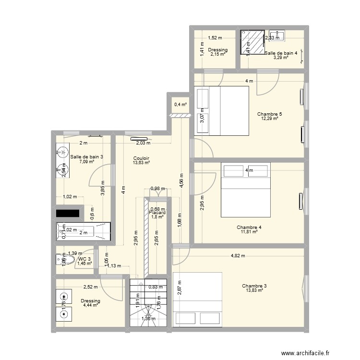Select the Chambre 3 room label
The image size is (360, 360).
click(254, 286)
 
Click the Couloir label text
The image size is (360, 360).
click(141, 158)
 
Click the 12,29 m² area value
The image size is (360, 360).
click(269, 119)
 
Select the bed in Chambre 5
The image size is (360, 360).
click(221, 111)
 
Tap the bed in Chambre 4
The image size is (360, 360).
click(245, 190)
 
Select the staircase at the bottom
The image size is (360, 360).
click(148, 302)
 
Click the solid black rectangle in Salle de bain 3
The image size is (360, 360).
click(68, 213)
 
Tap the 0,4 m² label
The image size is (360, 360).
click(180, 104)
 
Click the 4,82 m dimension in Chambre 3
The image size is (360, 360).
click(238, 256)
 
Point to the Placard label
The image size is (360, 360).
click(157, 213)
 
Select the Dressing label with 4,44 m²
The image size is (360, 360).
click(91, 301)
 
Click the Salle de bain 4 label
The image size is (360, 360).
click(281, 53)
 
